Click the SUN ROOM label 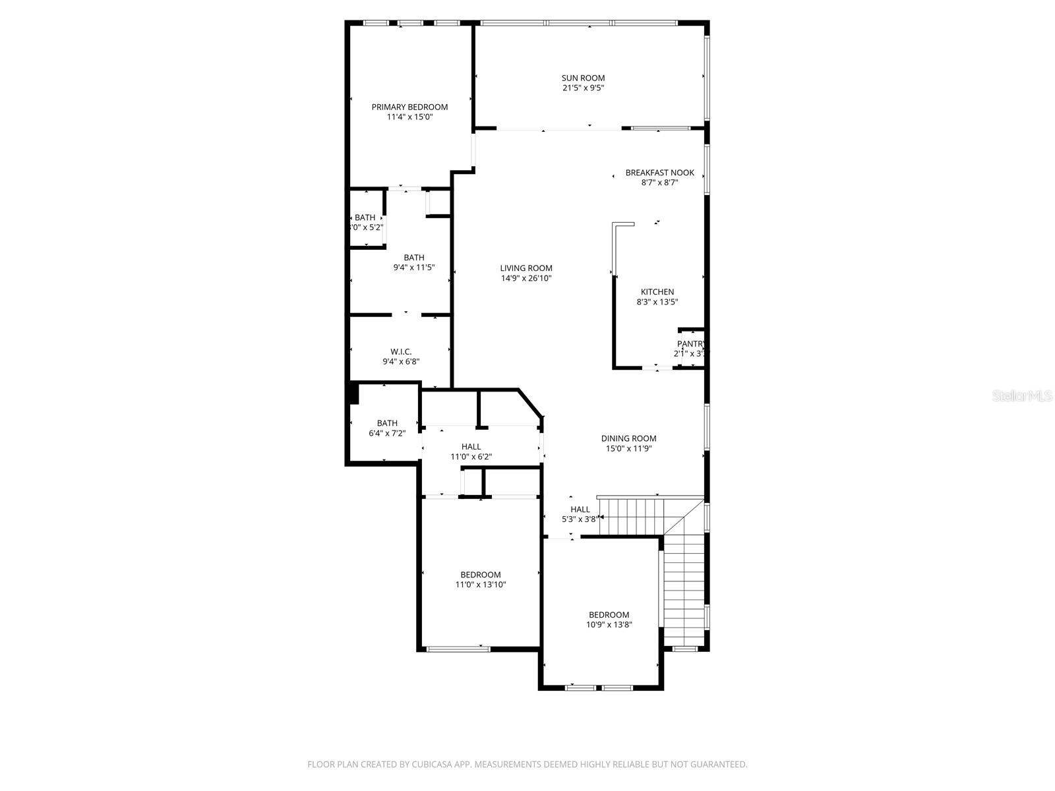coord(583,78)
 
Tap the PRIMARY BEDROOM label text coord(409,107)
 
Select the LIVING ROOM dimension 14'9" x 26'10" coord(526,278)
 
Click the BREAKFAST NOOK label coord(659,173)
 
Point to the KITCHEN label coord(657,292)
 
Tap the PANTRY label coord(690,344)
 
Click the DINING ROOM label coord(628,438)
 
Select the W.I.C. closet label coord(401,352)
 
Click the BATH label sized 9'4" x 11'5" coord(414,258)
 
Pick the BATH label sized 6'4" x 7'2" coord(387,423)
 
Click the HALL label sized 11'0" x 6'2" coord(471,447)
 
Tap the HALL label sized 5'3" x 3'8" coord(580,510)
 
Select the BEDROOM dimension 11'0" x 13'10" coord(480,585)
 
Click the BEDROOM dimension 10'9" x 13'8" coord(609,625)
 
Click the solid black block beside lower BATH coord(353,394)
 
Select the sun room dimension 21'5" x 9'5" coord(583,88)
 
